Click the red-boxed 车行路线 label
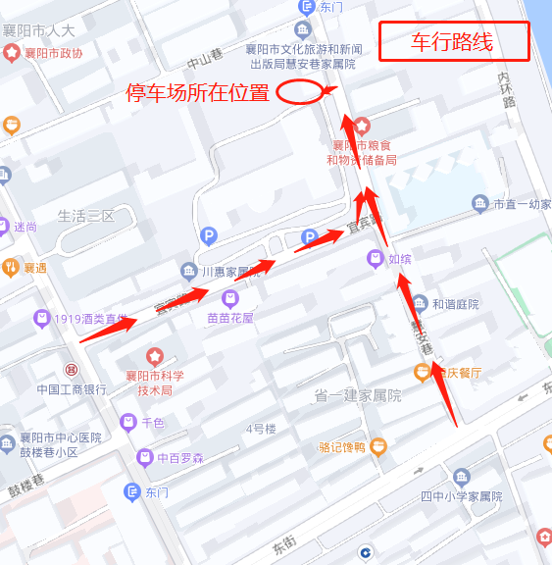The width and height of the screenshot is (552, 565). (453, 41)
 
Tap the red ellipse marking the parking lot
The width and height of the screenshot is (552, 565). (299, 92)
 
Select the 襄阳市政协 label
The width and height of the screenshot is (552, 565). (53, 53)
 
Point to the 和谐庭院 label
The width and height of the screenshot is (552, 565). (455, 304)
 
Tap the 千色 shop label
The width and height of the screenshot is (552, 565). (153, 423)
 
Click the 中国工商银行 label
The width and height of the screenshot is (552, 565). (72, 389)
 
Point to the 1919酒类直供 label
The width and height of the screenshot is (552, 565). (90, 319)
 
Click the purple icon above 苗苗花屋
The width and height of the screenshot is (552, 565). (229, 298)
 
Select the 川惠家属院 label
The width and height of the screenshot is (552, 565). (231, 272)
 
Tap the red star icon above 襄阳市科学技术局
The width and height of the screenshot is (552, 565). (154, 355)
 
